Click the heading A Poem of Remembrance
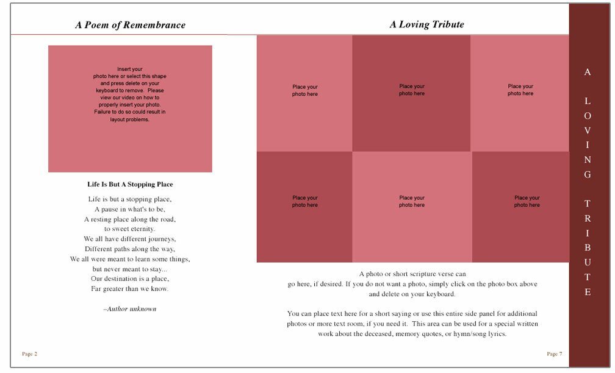tap(130, 25)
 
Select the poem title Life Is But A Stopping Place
tap(130, 184)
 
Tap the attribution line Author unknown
tap(130, 309)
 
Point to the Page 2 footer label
tap(29, 354)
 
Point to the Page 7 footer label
tap(554, 354)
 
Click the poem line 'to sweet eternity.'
tap(130, 229)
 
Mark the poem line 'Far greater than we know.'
tap(130, 288)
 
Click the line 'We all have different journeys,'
tap(130, 239)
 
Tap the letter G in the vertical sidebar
tap(588, 175)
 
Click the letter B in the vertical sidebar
tap(588, 248)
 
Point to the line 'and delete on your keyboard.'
tap(412, 294)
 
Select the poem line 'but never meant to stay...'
tap(130, 269)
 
